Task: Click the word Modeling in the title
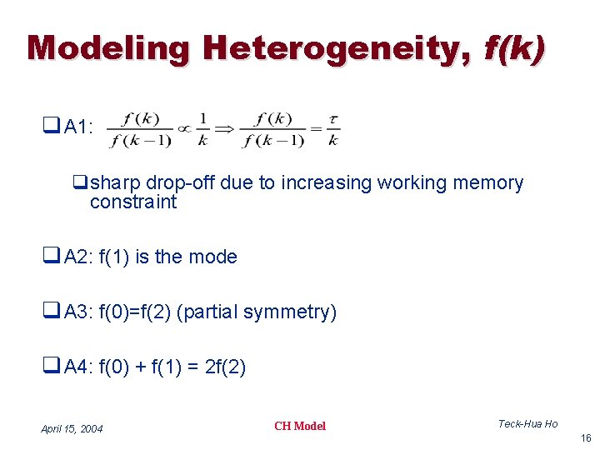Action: coord(108,48)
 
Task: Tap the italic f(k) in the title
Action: coord(515,48)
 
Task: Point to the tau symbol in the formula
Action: coord(333,118)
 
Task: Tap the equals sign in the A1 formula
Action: coord(316,129)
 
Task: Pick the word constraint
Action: coord(133,202)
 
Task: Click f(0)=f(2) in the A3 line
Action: coord(135,312)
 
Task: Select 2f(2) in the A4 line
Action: coord(225,367)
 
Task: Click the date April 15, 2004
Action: coord(72,429)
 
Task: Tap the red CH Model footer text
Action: coord(300,427)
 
